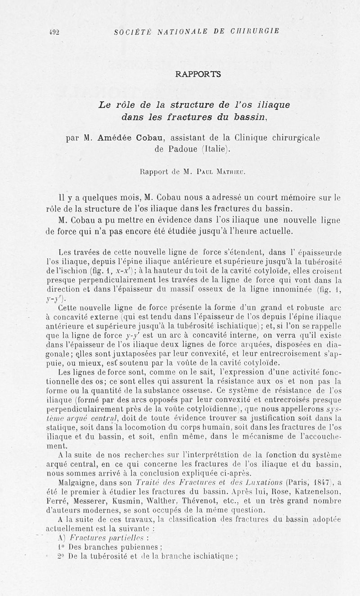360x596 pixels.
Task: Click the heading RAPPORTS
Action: (198, 74)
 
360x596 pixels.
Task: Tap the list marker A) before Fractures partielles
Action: (63, 538)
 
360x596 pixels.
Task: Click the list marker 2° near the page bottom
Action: (62, 556)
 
